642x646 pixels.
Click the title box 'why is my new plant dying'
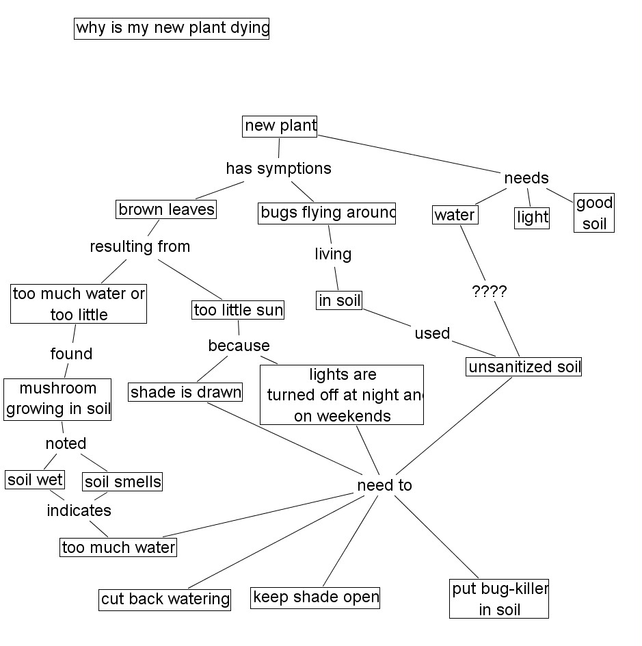172,29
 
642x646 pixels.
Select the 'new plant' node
280,126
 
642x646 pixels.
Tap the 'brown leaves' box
166,210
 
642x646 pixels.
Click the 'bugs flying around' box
327,214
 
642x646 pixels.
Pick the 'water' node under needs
455,216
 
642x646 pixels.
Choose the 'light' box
532,218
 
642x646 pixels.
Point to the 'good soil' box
594,213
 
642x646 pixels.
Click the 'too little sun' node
238,311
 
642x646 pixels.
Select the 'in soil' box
339,300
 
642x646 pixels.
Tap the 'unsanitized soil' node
524,367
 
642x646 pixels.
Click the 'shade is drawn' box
186,392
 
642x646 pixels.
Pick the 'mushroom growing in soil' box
57,399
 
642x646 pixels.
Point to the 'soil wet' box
35,480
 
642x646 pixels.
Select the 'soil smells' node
123,482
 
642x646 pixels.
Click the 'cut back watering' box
165,599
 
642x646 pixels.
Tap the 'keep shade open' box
315,597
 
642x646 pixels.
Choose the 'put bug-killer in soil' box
499,599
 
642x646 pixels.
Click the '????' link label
490,292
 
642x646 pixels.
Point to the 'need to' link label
385,485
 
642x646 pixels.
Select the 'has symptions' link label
278,168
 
